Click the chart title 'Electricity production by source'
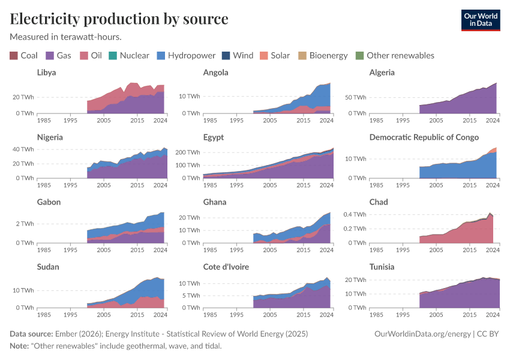119,19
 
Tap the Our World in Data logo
481,19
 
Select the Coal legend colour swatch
14,55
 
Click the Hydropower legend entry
186,55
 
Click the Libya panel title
47,73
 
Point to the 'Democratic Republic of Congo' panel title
424,137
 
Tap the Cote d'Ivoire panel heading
226,267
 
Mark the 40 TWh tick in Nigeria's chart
23,149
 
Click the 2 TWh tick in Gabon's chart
25,223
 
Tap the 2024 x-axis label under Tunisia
492,314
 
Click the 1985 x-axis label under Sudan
44,314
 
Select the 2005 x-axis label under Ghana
270,250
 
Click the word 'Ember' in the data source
67,334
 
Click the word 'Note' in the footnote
19,346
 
